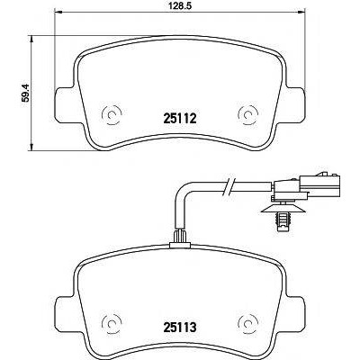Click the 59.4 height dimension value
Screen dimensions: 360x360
point(26,93)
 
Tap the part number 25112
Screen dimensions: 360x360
point(179,119)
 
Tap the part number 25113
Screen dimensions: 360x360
point(179,326)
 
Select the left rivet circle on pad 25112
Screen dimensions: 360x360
point(112,114)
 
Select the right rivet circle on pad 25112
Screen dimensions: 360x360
point(247,114)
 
